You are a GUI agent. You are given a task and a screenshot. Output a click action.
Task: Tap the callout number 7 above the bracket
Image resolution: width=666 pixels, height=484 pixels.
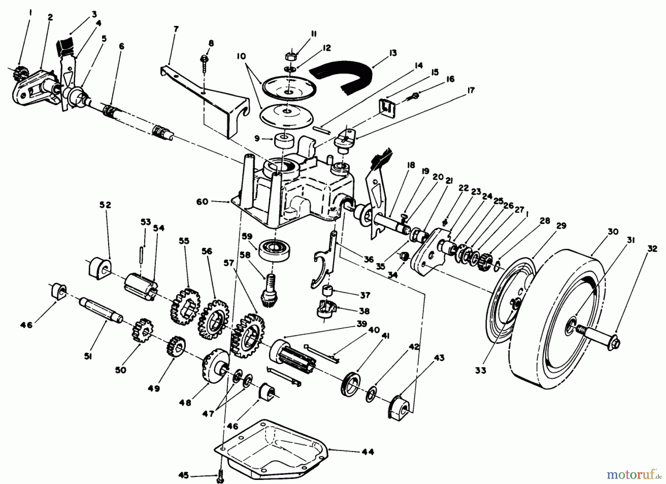coord(176,29)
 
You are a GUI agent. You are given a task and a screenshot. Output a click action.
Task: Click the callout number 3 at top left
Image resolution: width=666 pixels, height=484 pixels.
coord(94,14)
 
